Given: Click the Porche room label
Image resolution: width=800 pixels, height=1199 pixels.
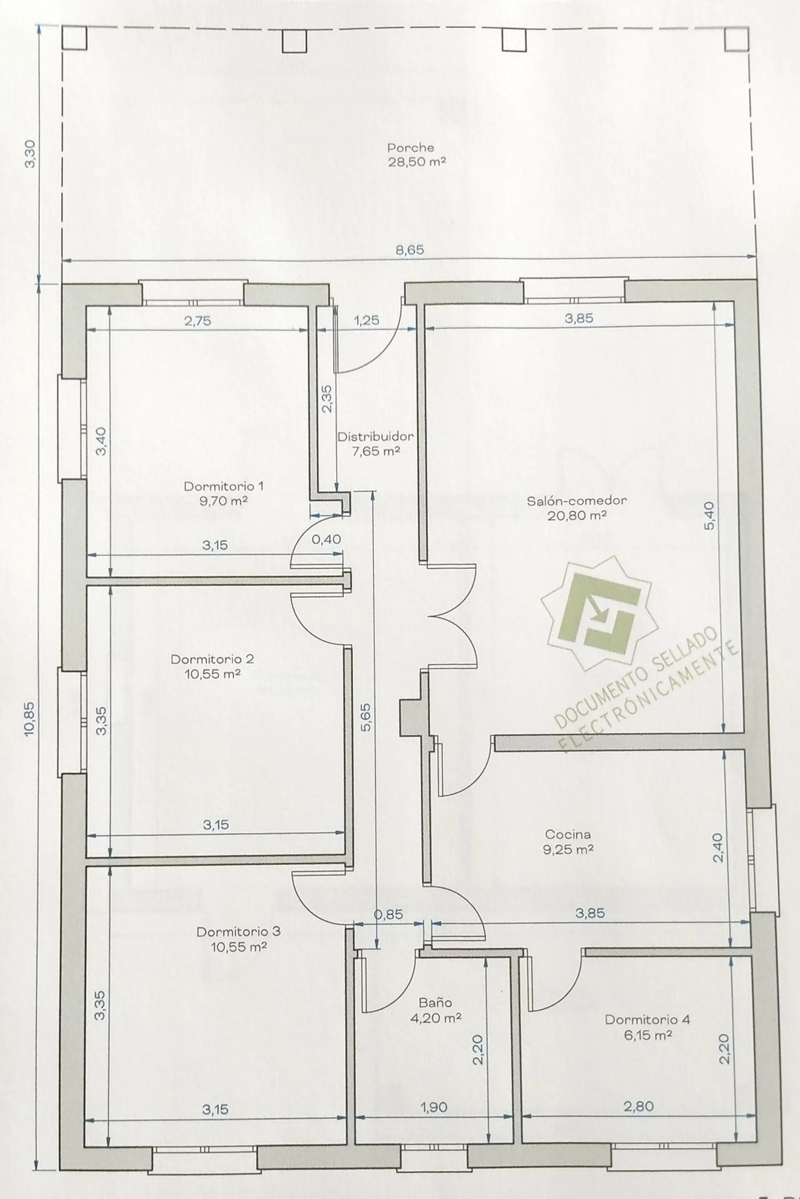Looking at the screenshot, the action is click(411, 148).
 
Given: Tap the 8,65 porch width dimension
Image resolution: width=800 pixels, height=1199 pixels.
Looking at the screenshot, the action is click(410, 250).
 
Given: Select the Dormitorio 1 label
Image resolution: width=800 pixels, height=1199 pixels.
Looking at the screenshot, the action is click(223, 486).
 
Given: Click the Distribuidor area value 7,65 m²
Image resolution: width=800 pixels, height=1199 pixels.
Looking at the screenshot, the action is click(376, 451).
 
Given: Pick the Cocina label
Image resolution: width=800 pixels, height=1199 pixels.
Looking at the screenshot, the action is click(568, 834).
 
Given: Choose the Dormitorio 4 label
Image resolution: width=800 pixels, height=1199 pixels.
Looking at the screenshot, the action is click(647, 1020).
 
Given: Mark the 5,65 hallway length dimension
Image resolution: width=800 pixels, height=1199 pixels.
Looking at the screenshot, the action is click(366, 717).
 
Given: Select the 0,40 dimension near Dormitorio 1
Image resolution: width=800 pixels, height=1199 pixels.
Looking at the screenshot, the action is click(327, 539).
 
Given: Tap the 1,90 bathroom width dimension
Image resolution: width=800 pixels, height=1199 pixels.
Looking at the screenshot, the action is click(434, 1107).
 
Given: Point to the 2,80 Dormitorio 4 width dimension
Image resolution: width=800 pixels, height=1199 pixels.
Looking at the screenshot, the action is click(639, 1106).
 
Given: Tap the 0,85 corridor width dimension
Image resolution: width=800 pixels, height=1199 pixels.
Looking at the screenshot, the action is click(389, 915).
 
